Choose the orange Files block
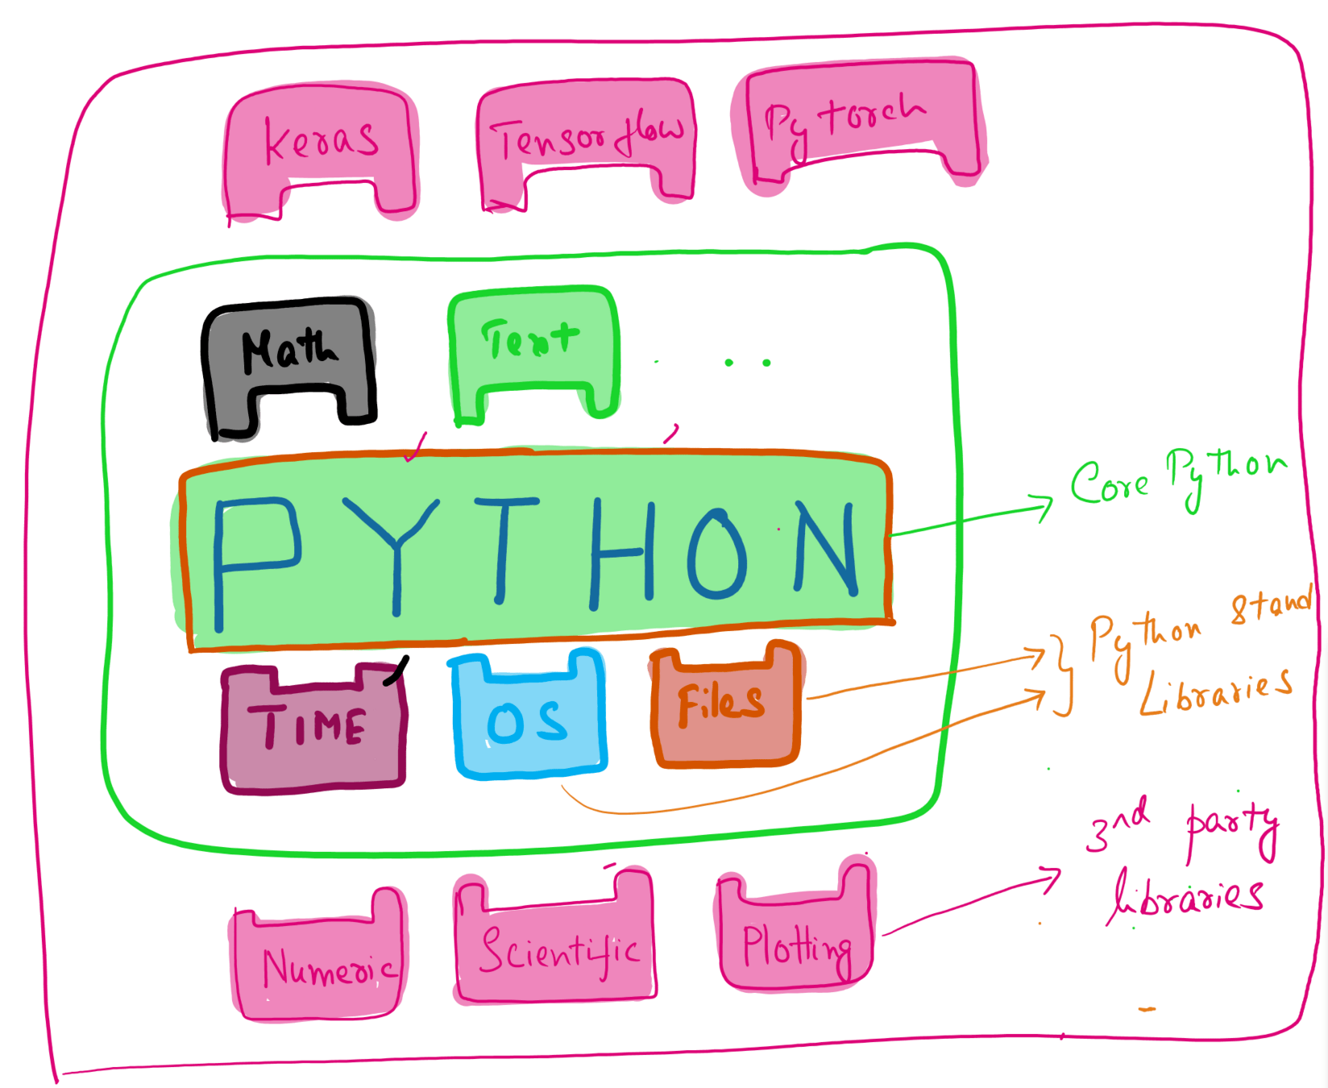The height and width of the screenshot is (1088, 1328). point(724,705)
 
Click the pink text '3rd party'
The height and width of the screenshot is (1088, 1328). point(1181,826)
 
